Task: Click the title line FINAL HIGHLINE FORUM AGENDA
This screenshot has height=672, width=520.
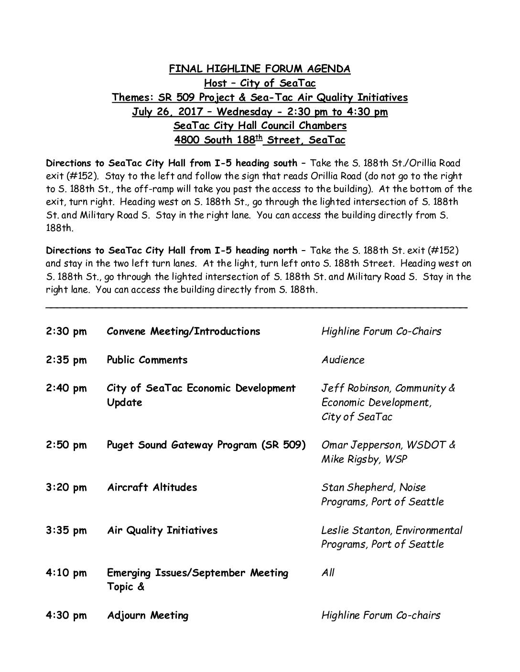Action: (260, 69)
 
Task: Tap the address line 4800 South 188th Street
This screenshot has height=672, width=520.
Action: (260, 140)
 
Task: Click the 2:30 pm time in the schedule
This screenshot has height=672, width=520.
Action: (66, 331)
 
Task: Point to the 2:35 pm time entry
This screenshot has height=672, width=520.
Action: (66, 360)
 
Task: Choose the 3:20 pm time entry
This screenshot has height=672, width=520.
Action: (66, 487)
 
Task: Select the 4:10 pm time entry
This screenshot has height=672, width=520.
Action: (66, 573)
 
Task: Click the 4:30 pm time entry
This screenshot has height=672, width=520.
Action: (66, 615)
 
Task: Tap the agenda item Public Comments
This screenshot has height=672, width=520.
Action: (147, 360)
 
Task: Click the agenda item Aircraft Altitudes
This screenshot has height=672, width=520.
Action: (152, 487)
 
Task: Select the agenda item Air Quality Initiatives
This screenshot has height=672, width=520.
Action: (162, 530)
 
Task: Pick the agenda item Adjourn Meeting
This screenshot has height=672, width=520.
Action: (148, 615)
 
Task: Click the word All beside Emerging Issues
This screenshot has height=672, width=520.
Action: (328, 573)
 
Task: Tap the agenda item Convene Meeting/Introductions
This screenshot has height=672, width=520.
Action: (184, 331)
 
